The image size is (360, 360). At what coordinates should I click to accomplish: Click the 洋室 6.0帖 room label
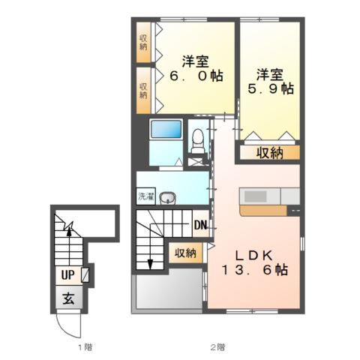[196, 68]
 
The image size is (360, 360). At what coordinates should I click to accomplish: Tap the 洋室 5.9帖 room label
[271, 82]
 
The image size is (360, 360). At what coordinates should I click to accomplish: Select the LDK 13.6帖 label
[255, 262]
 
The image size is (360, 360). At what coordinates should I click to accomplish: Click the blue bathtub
[166, 129]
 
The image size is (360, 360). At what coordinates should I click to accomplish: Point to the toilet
[198, 140]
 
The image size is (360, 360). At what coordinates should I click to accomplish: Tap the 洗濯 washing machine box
[146, 196]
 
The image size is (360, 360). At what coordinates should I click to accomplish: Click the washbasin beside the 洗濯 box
[168, 198]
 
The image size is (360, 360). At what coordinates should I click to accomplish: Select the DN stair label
[200, 226]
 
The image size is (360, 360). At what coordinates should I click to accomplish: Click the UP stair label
[68, 275]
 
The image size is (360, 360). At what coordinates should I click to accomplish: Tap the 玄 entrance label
[68, 298]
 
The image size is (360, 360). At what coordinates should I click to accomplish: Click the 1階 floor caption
[85, 347]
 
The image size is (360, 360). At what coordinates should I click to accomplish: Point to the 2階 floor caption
[217, 347]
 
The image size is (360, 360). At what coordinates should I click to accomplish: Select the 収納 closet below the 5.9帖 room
[270, 152]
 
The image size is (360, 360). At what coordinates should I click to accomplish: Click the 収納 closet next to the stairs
[185, 253]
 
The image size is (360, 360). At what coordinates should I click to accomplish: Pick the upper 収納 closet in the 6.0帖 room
[143, 42]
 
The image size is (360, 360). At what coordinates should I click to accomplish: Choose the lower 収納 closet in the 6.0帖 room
[143, 91]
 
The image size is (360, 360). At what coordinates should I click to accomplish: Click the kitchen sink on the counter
[255, 196]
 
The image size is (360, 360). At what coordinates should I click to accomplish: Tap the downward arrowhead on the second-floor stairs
[150, 265]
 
